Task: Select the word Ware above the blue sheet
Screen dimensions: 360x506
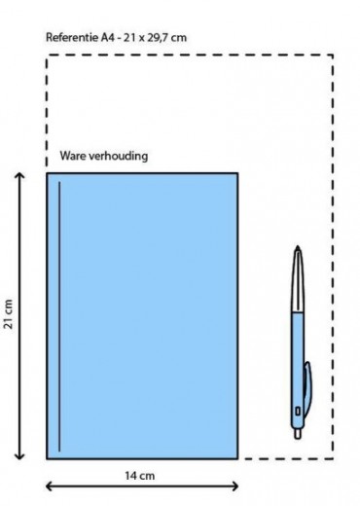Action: pyautogui.click(x=73, y=155)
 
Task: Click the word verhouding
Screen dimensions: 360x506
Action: pyautogui.click(x=119, y=155)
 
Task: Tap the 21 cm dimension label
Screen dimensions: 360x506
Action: pyautogui.click(x=9, y=313)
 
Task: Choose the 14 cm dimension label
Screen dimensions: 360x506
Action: pyautogui.click(x=141, y=476)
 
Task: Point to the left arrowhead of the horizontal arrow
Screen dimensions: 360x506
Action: pyautogui.click(x=50, y=485)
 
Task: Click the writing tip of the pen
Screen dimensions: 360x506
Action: pyautogui.click(x=299, y=251)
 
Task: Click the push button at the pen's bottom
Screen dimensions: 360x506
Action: pyautogui.click(x=299, y=435)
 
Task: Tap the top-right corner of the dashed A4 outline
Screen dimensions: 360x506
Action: pyautogui.click(x=333, y=54)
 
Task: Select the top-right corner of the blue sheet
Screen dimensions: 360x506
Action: pyautogui.click(x=237, y=173)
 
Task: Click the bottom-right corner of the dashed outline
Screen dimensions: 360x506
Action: pyautogui.click(x=333, y=457)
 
